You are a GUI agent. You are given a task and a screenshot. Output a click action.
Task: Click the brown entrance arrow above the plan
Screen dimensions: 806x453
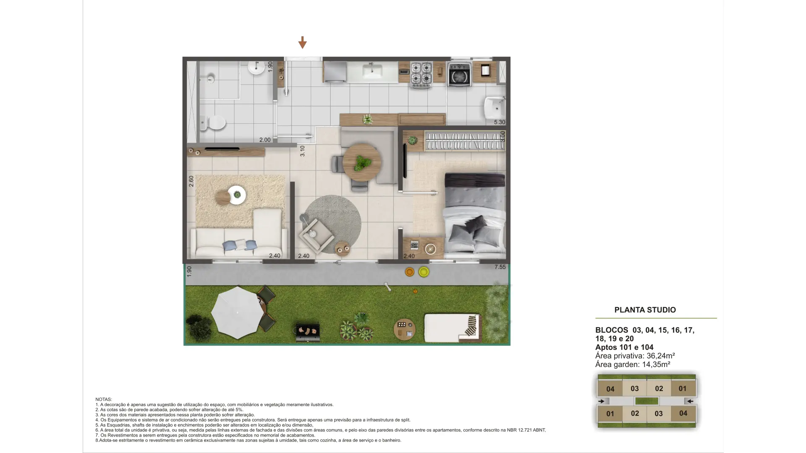point(302,42)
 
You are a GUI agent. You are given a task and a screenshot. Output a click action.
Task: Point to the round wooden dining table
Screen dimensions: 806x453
point(362,162)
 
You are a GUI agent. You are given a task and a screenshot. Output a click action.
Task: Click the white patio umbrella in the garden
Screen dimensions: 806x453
point(237,313)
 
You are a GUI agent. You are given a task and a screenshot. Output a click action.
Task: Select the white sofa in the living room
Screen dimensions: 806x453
point(239,234)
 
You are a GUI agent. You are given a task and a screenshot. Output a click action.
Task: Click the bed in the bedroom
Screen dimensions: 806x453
point(475,215)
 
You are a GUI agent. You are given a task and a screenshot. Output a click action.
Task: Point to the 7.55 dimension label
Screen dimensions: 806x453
point(500,267)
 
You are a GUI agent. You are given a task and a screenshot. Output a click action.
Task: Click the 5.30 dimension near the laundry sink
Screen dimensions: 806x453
point(500,122)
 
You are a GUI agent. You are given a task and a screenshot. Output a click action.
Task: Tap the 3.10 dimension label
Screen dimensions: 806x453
point(302,151)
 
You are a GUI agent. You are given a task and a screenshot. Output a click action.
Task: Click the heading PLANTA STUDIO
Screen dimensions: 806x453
point(645,310)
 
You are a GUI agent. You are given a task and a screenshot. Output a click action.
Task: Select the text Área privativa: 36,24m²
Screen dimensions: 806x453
point(635,356)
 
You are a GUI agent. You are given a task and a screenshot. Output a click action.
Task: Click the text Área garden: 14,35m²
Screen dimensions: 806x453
point(633,364)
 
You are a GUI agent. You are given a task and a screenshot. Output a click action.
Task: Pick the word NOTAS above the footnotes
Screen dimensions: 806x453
point(104,399)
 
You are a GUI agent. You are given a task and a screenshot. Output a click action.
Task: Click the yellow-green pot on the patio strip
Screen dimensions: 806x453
point(424,272)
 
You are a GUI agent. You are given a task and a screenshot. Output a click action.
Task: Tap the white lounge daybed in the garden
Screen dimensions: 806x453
point(453,328)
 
